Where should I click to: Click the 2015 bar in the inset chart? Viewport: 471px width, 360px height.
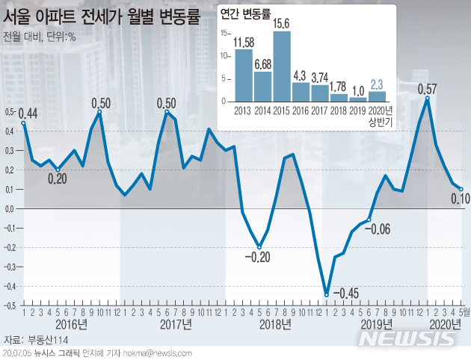click(282, 66)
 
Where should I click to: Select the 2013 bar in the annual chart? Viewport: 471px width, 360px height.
click(243, 75)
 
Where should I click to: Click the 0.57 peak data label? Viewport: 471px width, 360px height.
click(427, 88)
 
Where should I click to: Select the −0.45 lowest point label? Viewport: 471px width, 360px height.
click(347, 292)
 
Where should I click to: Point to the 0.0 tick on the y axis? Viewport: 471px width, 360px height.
click(9, 209)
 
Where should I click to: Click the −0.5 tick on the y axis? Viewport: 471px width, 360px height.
click(9, 305)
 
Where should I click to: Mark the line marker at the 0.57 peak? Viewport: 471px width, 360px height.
click(427, 99)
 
